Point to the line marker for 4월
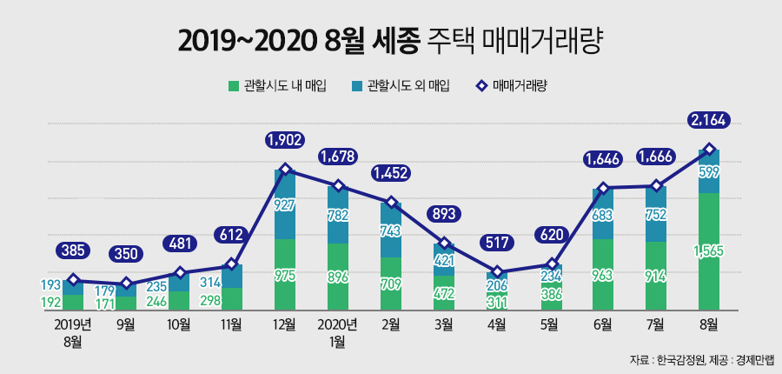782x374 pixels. (x=498, y=271)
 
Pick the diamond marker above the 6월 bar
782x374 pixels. (x=603, y=187)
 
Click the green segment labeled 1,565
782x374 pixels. (x=709, y=252)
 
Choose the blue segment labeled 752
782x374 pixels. (x=656, y=214)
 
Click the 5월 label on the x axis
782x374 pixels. (x=550, y=324)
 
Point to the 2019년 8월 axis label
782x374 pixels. (x=74, y=331)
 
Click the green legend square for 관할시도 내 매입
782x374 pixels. (x=233, y=85)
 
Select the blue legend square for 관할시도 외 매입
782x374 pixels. (x=356, y=85)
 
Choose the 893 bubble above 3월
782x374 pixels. (x=444, y=214)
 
